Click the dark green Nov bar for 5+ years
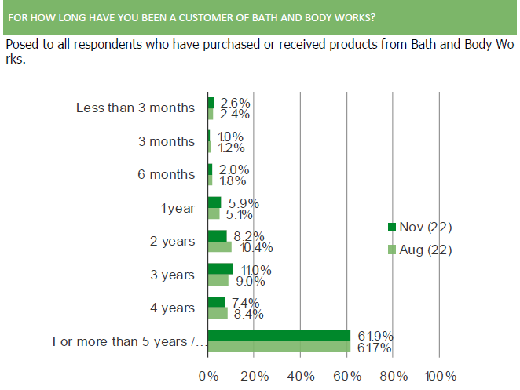point(279,336)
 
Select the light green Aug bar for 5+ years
point(279,347)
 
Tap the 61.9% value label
point(374,337)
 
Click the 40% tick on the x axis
point(302,376)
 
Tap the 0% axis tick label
point(209,376)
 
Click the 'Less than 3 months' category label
point(134,108)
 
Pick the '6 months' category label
point(166,174)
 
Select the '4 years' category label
point(171,308)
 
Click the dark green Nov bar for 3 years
point(221,269)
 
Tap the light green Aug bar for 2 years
point(220,247)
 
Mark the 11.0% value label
point(255,270)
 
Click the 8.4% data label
point(247,314)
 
